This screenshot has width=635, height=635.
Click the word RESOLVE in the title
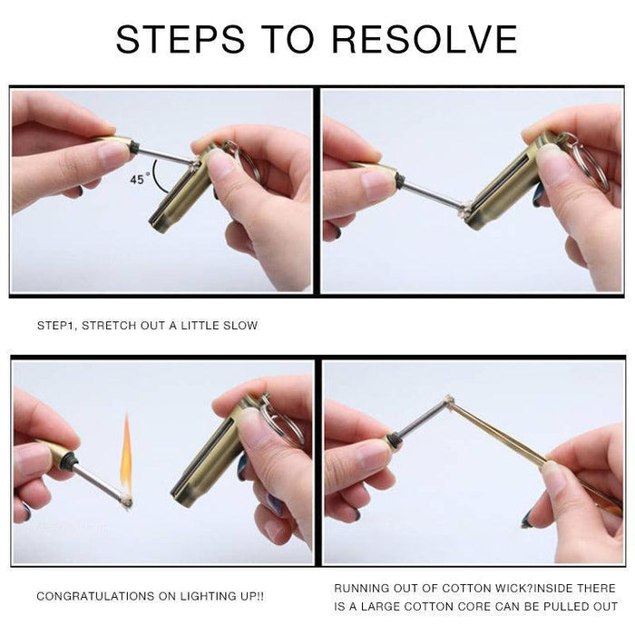425,39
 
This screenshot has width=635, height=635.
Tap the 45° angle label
137,180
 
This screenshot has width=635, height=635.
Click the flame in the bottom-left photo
126,454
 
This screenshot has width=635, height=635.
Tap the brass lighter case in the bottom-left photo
209,463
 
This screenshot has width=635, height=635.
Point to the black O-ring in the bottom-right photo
394,441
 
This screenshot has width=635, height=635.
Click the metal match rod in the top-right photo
430,195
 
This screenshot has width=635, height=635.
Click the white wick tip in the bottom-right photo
448,399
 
